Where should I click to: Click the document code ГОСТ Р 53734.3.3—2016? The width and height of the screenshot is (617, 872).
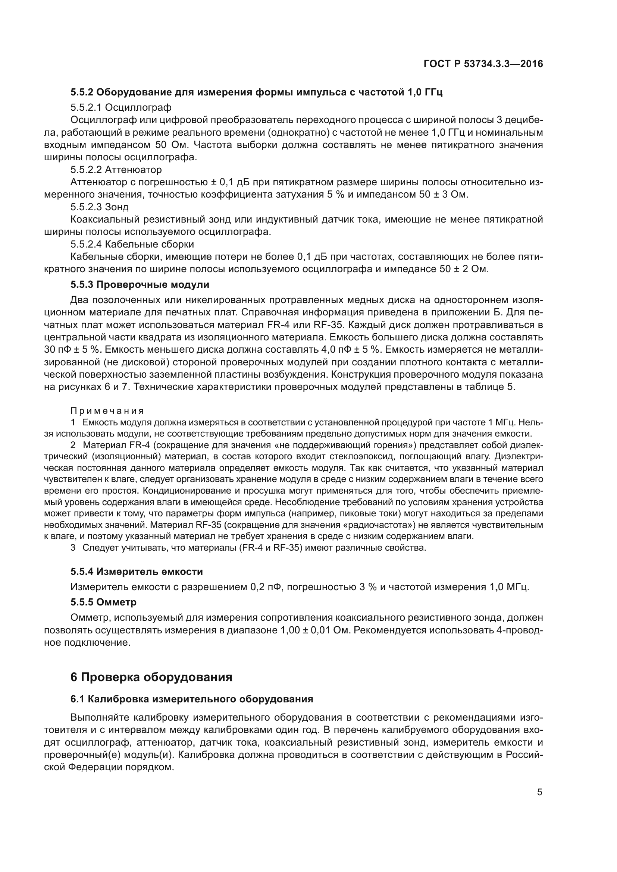pyautogui.click(x=483, y=64)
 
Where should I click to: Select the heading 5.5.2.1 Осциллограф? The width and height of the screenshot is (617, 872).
pyautogui.click(x=121, y=107)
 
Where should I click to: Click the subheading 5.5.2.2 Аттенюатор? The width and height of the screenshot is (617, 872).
pyautogui.click(x=116, y=169)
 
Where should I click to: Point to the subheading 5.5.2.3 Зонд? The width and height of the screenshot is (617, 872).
pyautogui.click(x=100, y=207)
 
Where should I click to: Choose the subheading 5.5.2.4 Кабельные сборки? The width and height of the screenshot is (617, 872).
pyautogui.click(x=132, y=244)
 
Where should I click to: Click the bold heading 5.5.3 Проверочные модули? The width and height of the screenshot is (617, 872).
pyautogui.click(x=140, y=284)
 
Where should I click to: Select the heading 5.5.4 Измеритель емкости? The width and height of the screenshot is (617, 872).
pyautogui.click(x=137, y=572)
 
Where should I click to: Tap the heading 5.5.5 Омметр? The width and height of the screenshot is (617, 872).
pyautogui.click(x=103, y=602)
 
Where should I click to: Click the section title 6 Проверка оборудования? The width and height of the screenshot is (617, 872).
pyautogui.click(x=151, y=677)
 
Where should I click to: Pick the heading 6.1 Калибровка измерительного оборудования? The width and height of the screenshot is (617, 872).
pyautogui.click(x=192, y=699)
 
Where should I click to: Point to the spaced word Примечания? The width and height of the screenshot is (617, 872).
pyautogui.click(x=107, y=411)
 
